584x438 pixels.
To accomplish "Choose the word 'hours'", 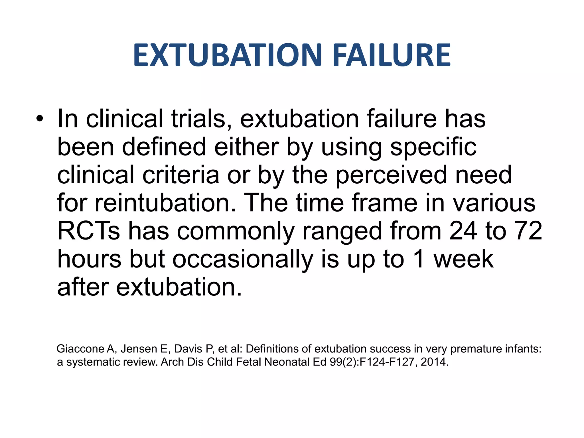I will (x=90, y=259).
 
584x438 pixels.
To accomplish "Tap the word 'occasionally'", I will (x=242, y=259).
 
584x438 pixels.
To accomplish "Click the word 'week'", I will (x=464, y=259).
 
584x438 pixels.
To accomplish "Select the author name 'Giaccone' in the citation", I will (x=81, y=349).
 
